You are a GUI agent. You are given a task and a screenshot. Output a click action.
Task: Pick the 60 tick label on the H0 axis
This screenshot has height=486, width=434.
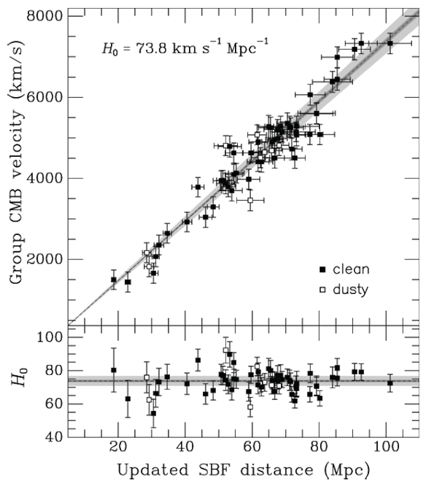coord(55,404)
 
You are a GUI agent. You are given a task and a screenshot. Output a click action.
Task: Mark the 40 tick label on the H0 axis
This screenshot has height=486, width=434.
coord(55,437)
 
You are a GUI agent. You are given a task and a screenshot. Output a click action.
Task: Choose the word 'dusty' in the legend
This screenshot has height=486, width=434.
coord(350,290)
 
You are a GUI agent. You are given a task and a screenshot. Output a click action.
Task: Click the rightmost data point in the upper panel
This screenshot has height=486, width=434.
coord(390,43)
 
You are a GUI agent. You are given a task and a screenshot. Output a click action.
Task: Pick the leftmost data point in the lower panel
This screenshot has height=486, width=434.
coord(114,370)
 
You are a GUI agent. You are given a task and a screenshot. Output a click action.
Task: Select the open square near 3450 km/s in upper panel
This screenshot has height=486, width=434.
coord(251,200)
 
